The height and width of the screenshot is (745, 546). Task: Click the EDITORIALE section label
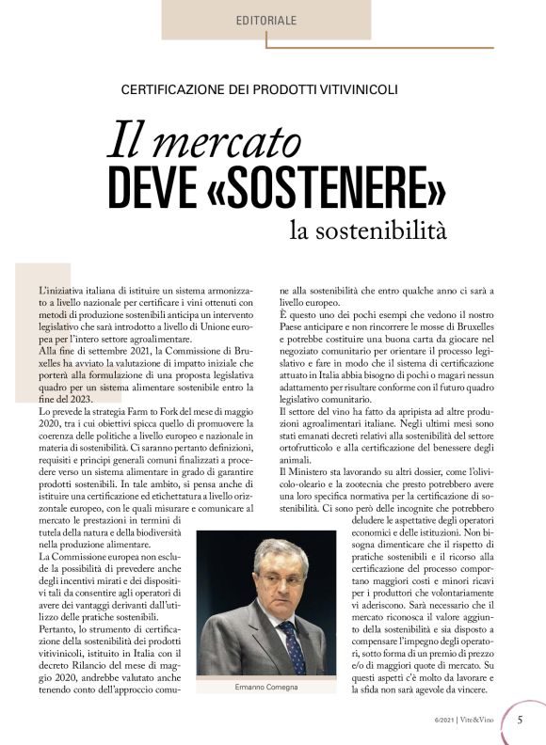[x=265, y=19]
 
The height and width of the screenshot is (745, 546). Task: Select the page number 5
[x=521, y=721]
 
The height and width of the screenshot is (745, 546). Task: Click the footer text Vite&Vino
[x=480, y=721]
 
